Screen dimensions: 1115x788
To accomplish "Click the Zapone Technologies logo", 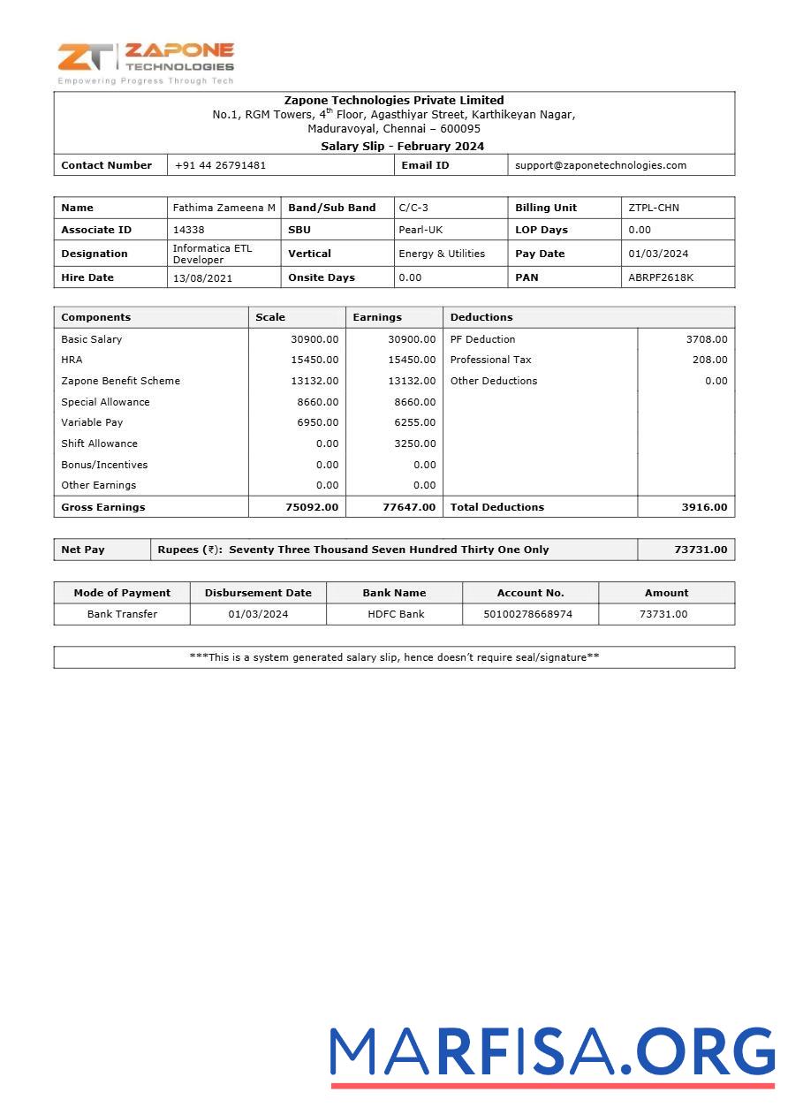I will pyautogui.click(x=146, y=62).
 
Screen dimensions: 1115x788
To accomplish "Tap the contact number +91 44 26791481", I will pyautogui.click(x=220, y=165).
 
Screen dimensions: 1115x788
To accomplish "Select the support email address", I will pyautogui.click(x=600, y=165).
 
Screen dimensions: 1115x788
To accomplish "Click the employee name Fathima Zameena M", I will pyautogui.click(x=224, y=208).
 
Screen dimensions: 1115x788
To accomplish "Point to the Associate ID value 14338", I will pyautogui.click(x=188, y=230).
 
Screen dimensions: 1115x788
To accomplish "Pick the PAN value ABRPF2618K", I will pyautogui.click(x=661, y=277).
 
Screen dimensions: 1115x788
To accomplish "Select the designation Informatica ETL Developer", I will pyautogui.click(x=212, y=254).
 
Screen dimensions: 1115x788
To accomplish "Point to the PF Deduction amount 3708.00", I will pyautogui.click(x=706, y=339).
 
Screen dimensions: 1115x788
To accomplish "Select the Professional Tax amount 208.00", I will pyautogui.click(x=709, y=360).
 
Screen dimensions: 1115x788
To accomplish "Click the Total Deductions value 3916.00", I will pyautogui.click(x=704, y=507).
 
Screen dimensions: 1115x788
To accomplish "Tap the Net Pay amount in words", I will pyautogui.click(x=389, y=550).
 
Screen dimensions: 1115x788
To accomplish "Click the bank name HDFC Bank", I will pyautogui.click(x=396, y=614).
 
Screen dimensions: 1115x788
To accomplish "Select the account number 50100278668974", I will pyautogui.click(x=530, y=614).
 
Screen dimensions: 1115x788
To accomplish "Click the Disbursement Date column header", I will pyautogui.click(x=258, y=593).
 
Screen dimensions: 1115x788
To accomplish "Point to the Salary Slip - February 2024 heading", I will pyautogui.click(x=402, y=147).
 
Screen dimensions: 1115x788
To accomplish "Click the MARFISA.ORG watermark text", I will pyautogui.click(x=552, y=1054).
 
